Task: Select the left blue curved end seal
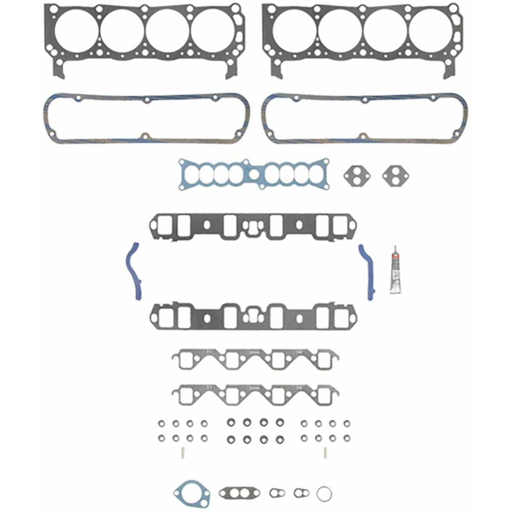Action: click(x=134, y=271)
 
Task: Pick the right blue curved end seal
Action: click(x=368, y=271)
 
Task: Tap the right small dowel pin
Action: click(x=326, y=452)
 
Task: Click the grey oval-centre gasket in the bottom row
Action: click(x=240, y=493)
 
